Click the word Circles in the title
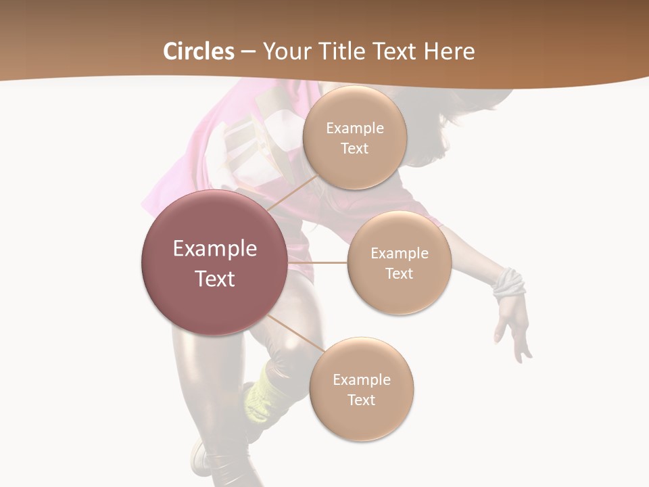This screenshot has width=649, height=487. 198,51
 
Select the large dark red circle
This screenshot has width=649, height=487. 214,262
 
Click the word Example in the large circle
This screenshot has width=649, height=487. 214,249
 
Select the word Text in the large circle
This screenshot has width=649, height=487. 214,279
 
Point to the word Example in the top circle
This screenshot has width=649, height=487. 354,129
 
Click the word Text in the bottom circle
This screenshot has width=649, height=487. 361,400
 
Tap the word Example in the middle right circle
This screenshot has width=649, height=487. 399,254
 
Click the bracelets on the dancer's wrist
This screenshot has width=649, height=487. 508,284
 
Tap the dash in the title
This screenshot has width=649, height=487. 247,52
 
